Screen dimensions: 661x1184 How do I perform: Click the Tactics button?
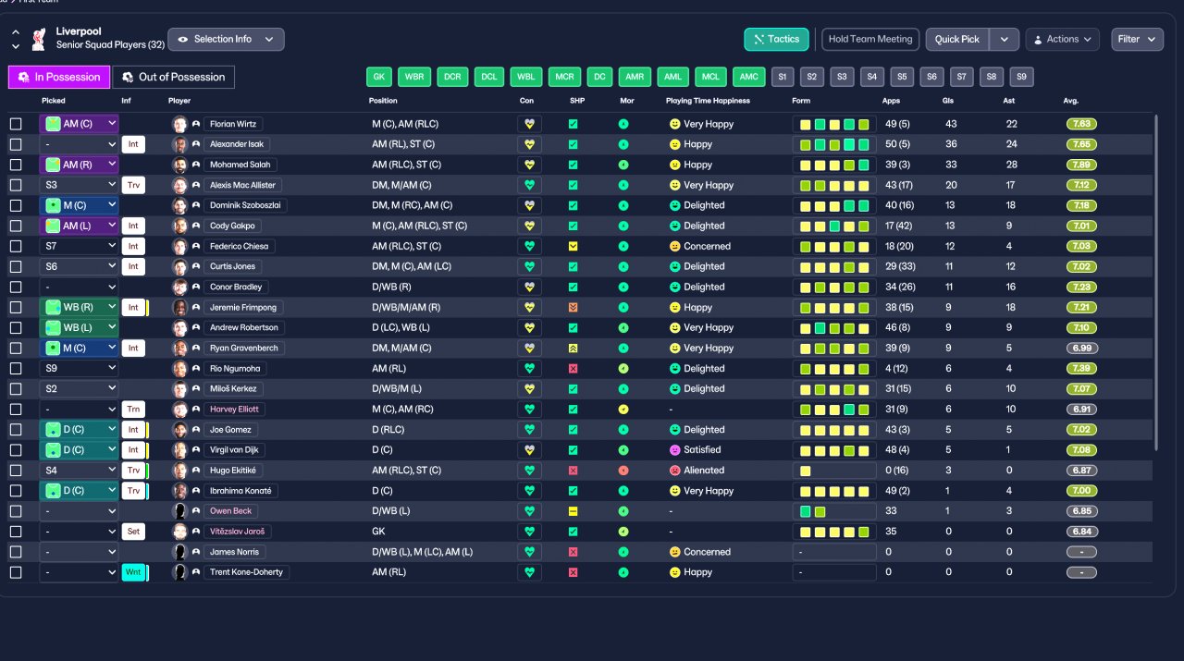[776, 39]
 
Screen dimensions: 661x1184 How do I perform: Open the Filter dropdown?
[1137, 39]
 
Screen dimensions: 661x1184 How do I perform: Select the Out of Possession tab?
[173, 77]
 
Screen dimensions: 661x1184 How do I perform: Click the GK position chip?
[379, 77]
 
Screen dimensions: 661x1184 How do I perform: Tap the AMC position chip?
[748, 77]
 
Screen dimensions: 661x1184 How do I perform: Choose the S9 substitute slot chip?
[1021, 77]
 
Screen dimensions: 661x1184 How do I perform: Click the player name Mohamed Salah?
[240, 165]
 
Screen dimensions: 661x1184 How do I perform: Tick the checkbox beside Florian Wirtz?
[16, 124]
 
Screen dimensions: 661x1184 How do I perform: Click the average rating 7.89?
[1082, 165]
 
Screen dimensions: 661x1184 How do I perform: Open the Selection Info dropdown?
[226, 39]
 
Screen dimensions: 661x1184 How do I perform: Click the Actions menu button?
[1062, 39]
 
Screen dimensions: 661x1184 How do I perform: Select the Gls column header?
[948, 101]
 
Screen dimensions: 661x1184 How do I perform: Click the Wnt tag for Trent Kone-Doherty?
[133, 572]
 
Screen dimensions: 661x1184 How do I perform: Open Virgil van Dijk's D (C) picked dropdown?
[79, 450]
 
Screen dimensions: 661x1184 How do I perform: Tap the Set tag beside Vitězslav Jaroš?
[133, 532]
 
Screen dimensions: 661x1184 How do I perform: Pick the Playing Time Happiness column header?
[708, 101]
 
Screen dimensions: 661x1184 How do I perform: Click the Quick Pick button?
[956, 39]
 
